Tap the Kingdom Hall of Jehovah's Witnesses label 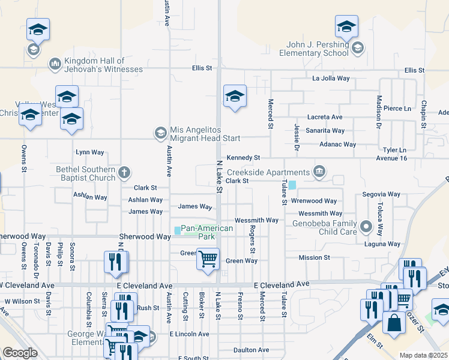[95, 65]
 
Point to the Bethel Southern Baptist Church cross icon [124, 173]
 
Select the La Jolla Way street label [331, 78]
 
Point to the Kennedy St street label [243, 157]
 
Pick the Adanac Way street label [337, 144]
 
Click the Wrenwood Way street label [314, 201]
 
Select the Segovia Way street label [381, 194]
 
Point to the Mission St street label [315, 257]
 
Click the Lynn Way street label [89, 152]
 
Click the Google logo [20, 353]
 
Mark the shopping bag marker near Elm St [394, 323]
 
